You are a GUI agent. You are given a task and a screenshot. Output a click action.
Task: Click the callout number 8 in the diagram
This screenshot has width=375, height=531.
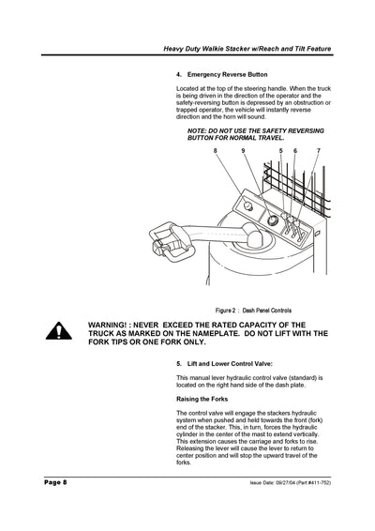pos(215,150)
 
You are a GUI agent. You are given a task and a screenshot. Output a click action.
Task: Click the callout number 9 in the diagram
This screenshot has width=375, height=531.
pos(243,150)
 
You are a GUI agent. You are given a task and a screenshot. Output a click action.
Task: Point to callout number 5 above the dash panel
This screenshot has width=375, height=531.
pos(280,150)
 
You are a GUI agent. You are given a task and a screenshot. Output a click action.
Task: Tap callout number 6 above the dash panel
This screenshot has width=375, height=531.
pos(295,150)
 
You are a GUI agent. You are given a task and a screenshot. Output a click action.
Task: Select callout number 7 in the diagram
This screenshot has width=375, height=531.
pos(318,150)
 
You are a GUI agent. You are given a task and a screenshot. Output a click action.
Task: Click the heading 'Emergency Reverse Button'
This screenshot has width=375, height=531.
pos(227,74)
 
